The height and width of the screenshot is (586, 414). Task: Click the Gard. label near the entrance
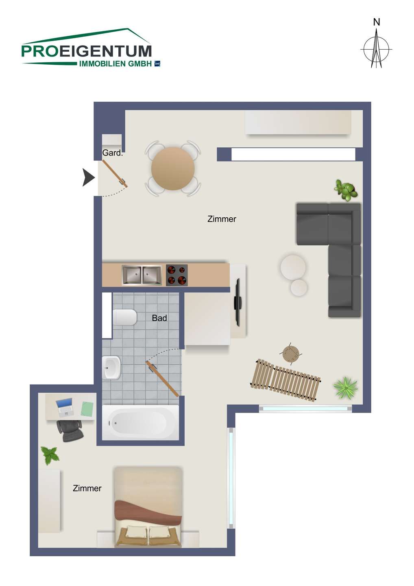112,153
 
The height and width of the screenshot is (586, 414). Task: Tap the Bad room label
159,318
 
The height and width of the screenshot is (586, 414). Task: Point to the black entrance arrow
89,177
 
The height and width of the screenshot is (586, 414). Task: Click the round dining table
173,168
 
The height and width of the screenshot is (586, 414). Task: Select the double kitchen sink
142,275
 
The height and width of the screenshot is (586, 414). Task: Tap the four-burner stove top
176,275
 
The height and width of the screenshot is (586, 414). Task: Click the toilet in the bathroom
125,317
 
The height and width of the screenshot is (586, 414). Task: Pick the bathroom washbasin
111,367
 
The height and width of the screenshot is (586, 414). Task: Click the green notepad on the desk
87,409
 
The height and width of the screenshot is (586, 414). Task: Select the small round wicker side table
291,353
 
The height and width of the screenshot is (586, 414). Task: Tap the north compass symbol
376,49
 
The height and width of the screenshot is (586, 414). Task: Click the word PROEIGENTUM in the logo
87,51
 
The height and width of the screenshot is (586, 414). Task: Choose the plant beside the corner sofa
345,190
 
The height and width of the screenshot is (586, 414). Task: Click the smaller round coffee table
299,288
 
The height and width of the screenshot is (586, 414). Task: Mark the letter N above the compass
376,22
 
